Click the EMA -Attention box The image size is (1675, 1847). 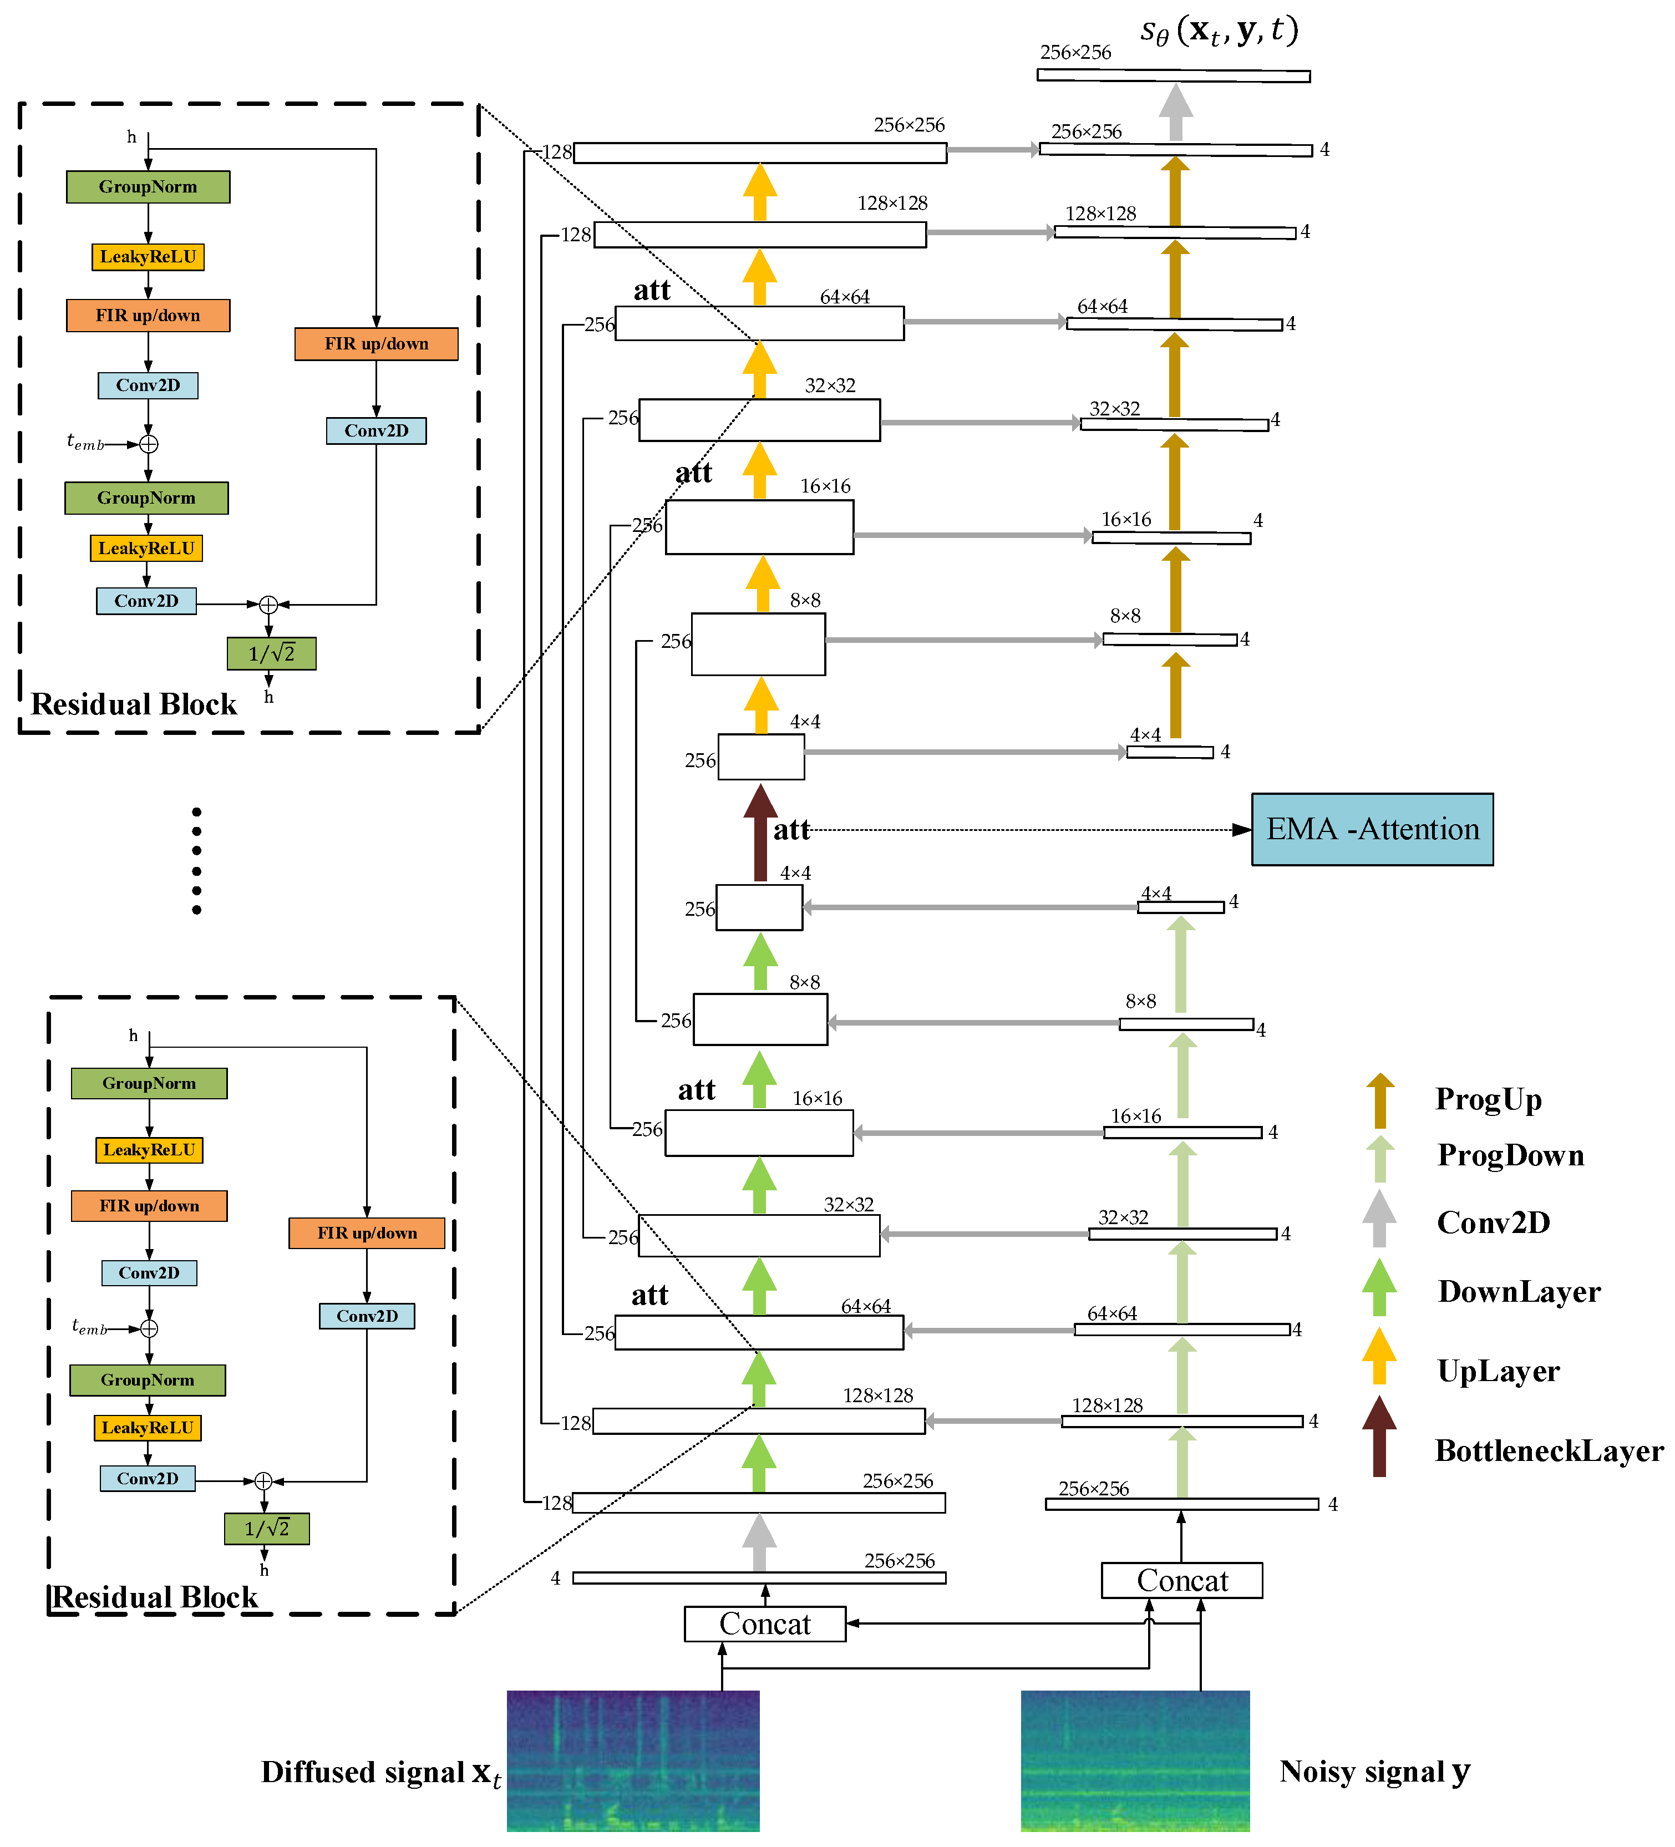pos(1372,829)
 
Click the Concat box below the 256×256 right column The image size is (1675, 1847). pos(1181,1580)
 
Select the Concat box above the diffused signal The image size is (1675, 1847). pos(764,1623)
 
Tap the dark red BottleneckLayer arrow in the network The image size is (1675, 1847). pos(760,834)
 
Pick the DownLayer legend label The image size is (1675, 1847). pos(1518,1291)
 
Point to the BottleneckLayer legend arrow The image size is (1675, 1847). pos(1379,1437)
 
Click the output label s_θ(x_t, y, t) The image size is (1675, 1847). pos(1219,31)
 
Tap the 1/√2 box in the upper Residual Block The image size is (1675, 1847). pos(271,653)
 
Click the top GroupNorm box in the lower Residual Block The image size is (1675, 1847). pos(149,1083)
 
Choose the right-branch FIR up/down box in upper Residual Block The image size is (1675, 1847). pos(375,343)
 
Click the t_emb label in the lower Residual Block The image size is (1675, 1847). pos(89,1327)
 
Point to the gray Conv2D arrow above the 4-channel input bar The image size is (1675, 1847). pos(759,1543)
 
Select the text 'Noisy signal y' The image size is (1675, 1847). pos(1373,1771)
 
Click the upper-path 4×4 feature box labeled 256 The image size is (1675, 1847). pos(760,757)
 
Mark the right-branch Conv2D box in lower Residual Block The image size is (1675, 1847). pos(367,1316)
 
